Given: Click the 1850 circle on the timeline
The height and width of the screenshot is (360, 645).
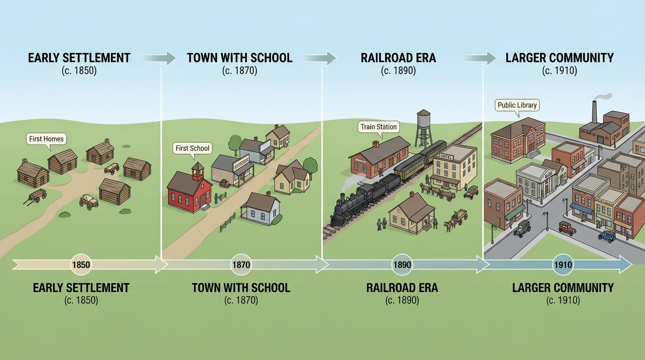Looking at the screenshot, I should click(81, 265).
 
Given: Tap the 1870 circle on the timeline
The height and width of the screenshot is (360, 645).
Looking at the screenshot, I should click(241, 265).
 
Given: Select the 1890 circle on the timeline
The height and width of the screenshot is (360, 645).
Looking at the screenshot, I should click(402, 265).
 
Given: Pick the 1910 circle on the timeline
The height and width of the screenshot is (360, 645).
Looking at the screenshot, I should click(562, 265).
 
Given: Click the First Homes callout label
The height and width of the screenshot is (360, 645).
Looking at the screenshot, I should click(46, 139).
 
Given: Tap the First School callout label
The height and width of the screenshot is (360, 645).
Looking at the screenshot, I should click(192, 148).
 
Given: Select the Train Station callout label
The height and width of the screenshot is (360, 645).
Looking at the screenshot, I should click(379, 127).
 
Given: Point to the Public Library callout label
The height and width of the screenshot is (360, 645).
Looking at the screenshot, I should click(517, 105).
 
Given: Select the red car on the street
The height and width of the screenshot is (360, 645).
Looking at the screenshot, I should click(567, 228).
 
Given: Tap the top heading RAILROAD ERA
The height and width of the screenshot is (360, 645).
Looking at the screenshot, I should click(398, 58).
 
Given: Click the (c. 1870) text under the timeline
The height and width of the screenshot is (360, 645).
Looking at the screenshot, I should click(241, 300).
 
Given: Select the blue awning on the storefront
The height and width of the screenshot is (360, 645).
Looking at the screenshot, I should click(581, 208).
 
